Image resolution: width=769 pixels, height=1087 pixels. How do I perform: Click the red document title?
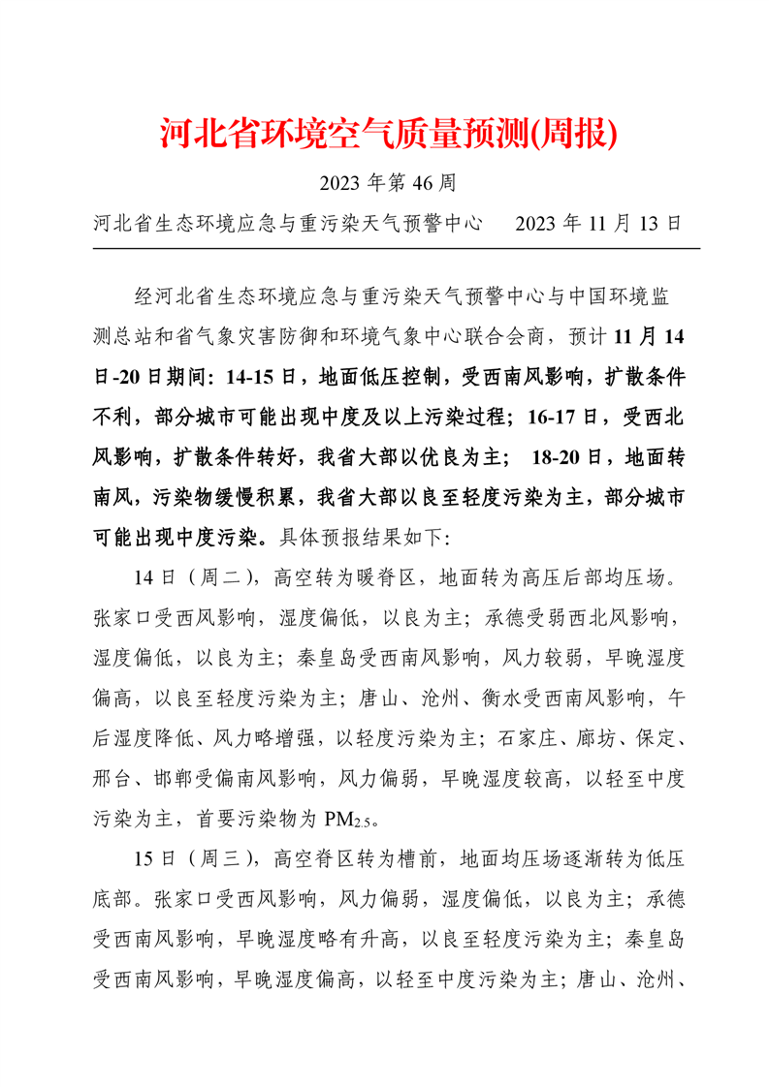pyautogui.click(x=388, y=135)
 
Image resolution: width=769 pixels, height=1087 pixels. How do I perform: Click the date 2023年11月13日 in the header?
pyautogui.click(x=599, y=223)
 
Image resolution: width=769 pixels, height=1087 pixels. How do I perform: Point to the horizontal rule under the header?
pyautogui.click(x=396, y=248)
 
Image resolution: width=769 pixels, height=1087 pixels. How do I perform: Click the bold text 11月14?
pyautogui.click(x=650, y=337)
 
